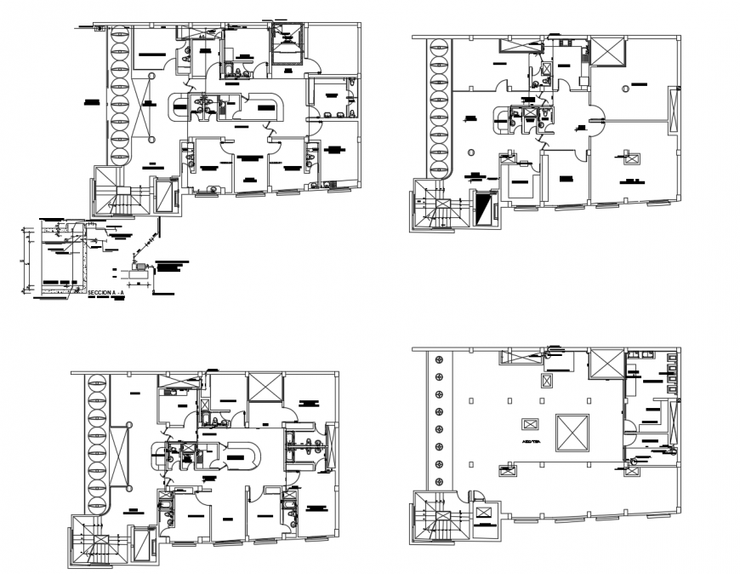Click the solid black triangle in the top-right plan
(x=484, y=209)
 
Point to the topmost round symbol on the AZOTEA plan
(x=439, y=359)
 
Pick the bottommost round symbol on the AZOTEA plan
(x=439, y=482)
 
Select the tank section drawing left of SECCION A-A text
(x=54, y=259)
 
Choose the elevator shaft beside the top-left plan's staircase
(x=164, y=195)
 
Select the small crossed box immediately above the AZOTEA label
(x=529, y=424)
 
